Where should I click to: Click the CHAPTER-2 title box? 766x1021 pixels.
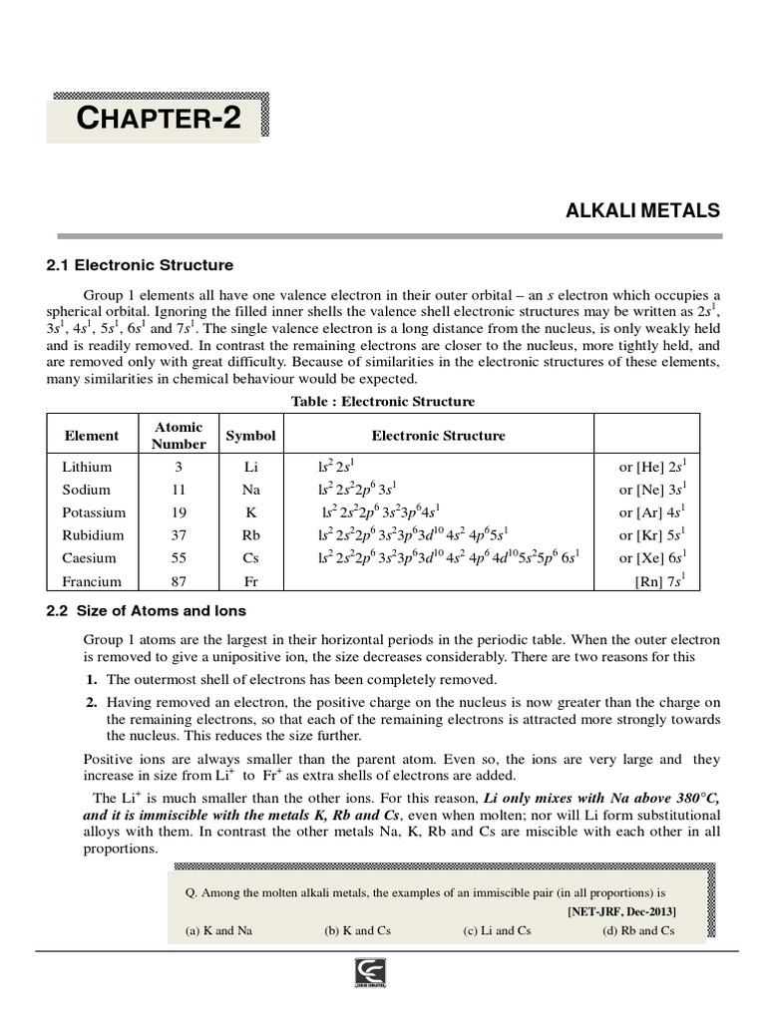(158, 119)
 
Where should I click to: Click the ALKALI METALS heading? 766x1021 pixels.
(642, 210)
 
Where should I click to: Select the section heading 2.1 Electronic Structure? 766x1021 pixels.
(140, 265)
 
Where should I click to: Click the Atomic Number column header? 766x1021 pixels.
(179, 435)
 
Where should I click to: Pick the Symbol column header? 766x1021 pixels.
(250, 436)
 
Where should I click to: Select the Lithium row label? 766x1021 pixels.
(87, 467)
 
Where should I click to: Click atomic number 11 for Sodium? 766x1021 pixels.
(179, 490)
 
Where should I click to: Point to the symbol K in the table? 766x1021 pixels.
(250, 512)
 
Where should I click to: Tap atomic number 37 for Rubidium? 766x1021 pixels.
(179, 535)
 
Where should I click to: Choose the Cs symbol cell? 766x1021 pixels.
(250, 558)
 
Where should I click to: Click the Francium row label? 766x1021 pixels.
(91, 581)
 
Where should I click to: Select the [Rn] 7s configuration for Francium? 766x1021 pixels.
(659, 581)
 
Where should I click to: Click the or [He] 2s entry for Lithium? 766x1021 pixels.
(652, 467)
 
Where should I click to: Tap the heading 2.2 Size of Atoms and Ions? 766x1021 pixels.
(146, 610)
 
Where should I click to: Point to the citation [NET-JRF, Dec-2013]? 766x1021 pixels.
(621, 911)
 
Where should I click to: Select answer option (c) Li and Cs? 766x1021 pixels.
(497, 930)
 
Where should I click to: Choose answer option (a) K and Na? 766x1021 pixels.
(218, 930)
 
